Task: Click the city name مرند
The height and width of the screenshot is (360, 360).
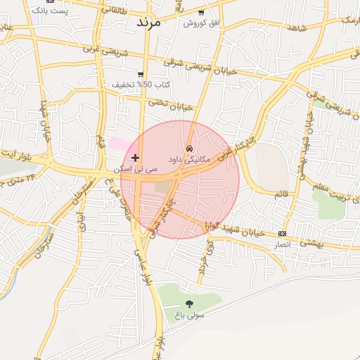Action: click(148, 22)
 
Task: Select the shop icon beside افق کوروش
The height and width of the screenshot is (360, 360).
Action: click(201, 13)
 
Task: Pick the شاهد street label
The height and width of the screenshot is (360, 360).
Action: click(299, 26)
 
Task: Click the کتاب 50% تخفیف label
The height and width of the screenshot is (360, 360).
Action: click(141, 84)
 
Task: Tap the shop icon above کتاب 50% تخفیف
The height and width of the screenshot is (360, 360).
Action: click(141, 74)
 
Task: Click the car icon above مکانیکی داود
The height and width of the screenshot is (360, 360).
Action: click(190, 149)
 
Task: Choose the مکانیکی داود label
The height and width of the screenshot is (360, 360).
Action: click(190, 160)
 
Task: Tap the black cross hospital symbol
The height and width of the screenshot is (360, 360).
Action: click(136, 157)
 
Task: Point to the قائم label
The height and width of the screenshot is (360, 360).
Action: click(280, 193)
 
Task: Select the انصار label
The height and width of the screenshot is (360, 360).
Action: click(282, 244)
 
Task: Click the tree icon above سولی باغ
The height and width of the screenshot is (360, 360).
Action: click(189, 304)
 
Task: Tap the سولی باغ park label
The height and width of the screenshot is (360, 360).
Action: click(189, 315)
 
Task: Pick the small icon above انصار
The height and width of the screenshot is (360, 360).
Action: click(283, 233)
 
